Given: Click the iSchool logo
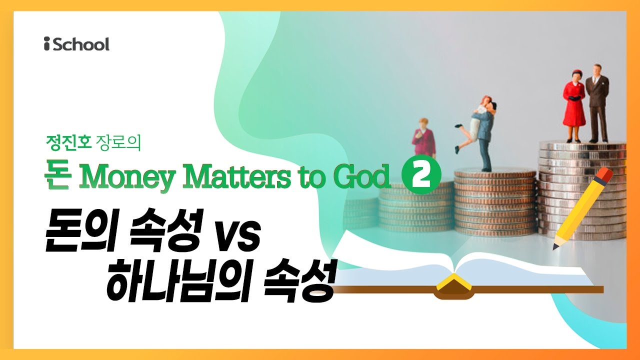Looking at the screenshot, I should click(76, 44).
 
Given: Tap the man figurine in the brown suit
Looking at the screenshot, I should click(597, 102).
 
